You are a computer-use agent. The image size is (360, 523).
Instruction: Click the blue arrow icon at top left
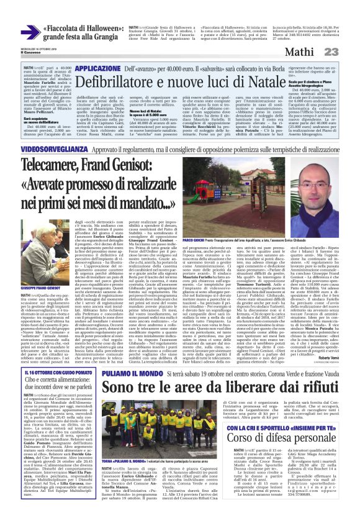29,32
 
